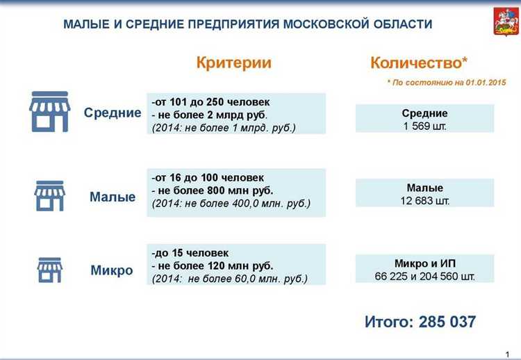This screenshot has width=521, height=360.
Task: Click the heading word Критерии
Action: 234,63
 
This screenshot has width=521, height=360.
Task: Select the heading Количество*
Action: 419,63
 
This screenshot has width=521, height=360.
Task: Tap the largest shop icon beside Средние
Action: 49,112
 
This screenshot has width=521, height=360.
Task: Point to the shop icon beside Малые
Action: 49,196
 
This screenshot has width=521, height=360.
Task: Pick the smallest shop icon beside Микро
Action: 49,270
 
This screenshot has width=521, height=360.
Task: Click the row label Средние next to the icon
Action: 113,113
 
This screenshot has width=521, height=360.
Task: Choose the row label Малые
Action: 113,197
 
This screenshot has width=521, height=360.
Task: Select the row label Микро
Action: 112,270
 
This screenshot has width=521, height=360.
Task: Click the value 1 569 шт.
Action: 424,126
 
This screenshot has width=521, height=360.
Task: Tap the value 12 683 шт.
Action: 424,200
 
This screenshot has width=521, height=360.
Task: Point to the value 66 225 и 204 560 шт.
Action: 424,276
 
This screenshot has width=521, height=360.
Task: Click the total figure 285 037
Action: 445,322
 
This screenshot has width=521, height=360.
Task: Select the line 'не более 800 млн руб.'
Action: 215,190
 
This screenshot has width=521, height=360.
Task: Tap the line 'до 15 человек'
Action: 191,253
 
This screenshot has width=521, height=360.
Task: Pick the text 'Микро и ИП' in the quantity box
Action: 424,263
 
